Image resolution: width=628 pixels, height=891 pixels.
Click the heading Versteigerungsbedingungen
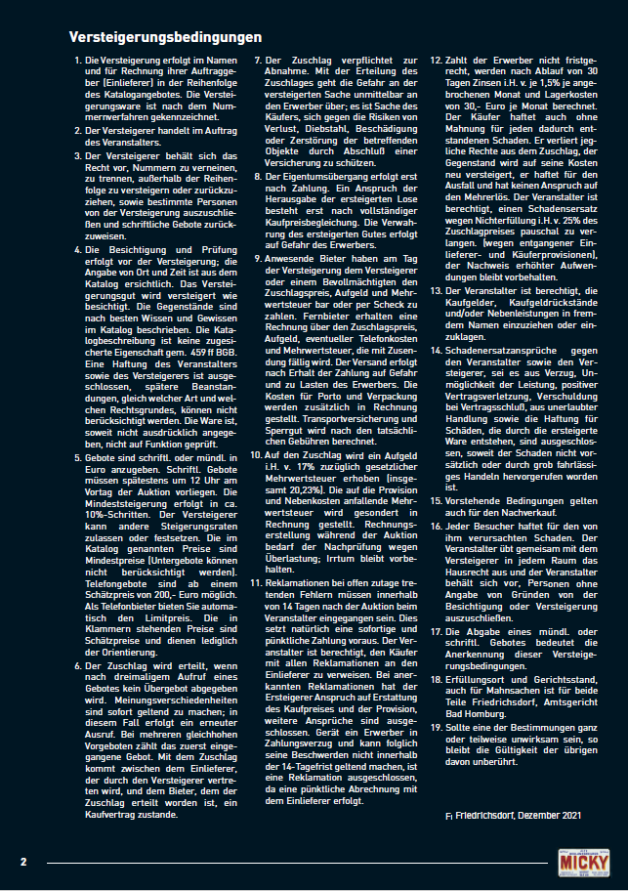165,37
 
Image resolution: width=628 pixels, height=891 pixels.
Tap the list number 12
437,61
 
